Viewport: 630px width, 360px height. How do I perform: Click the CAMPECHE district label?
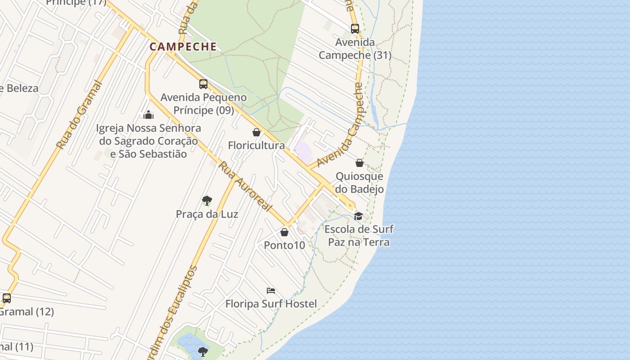coord(183,47)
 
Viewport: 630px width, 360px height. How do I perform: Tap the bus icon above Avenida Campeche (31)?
coord(355,29)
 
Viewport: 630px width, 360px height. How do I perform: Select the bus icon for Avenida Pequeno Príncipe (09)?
coord(203,84)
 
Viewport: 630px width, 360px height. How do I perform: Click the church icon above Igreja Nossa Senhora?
coord(148,115)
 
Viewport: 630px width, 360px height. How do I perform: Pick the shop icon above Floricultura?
coord(256,132)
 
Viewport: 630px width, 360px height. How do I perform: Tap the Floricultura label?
coord(256,145)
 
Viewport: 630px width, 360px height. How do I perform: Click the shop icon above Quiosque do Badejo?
coord(360,163)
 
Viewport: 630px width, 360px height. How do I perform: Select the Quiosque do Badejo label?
coord(360,182)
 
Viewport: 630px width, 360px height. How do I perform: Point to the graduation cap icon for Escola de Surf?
coord(358,216)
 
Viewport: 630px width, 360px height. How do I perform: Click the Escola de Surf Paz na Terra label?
coord(359,235)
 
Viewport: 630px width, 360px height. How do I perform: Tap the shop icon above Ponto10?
coord(284,232)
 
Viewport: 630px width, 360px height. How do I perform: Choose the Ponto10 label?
coord(284,245)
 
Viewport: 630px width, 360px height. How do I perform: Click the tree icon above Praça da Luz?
coord(207,200)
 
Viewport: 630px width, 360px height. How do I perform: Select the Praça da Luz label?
coord(207,214)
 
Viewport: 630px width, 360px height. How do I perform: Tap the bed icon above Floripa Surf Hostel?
coord(271,291)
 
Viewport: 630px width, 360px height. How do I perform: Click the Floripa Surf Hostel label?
coord(271,304)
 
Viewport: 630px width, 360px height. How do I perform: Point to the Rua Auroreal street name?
coord(245,186)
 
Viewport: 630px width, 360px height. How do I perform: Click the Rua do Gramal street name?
coord(79,115)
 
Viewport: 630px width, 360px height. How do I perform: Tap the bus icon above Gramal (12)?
coord(7,298)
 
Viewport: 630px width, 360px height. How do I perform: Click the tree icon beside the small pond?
coord(203,351)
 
